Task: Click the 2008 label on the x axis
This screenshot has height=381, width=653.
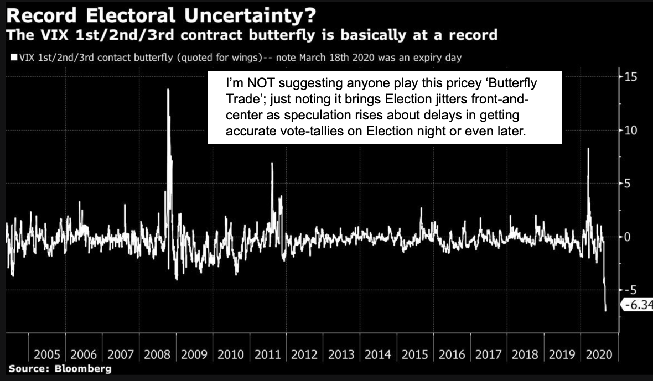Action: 157,354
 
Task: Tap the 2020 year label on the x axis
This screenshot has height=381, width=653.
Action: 599,354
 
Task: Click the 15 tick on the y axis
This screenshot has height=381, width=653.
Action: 630,76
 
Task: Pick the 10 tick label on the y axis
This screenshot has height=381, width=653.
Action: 630,130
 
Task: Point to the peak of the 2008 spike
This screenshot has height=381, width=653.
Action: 168,90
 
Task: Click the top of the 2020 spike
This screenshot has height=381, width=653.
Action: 588,149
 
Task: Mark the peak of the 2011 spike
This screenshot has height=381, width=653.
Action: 272,163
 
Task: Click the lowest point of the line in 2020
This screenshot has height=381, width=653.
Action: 606,311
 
